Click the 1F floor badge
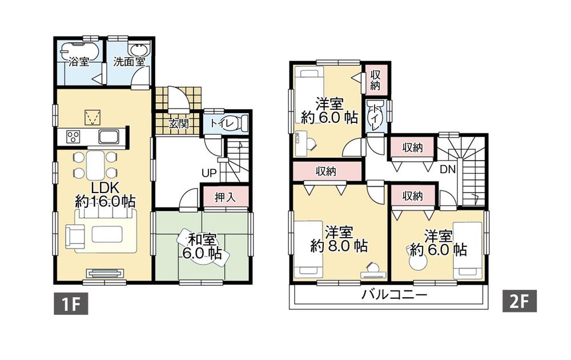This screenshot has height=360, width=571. point(71,303)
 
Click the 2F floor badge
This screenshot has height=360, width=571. point(518,301)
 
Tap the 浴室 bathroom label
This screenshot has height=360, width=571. point(79,62)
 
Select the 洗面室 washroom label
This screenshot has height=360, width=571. point(128,62)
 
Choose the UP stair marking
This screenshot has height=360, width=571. point(208,172)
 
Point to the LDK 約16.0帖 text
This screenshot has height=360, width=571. point(105,195)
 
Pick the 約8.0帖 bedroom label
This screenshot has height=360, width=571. point(339,239)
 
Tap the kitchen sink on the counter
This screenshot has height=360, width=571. point(109,137)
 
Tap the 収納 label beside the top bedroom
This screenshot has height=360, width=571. point(375,80)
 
